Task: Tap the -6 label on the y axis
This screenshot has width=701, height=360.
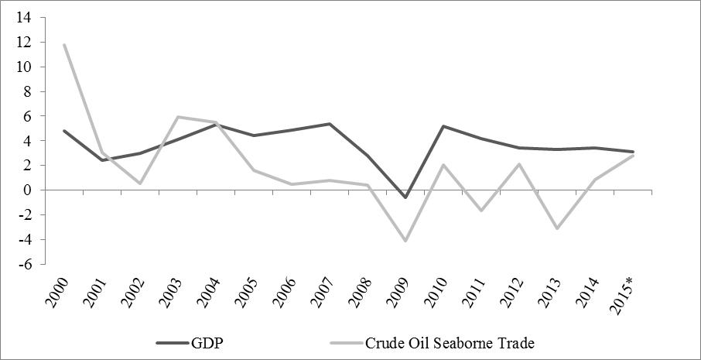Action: coord(26,264)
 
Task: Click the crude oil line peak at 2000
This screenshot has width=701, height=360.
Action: coord(64,45)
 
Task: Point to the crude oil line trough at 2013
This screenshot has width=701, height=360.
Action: coord(556,228)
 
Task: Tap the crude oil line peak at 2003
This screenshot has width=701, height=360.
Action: coord(178,117)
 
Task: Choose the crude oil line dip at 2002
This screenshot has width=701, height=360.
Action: coord(140,183)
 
